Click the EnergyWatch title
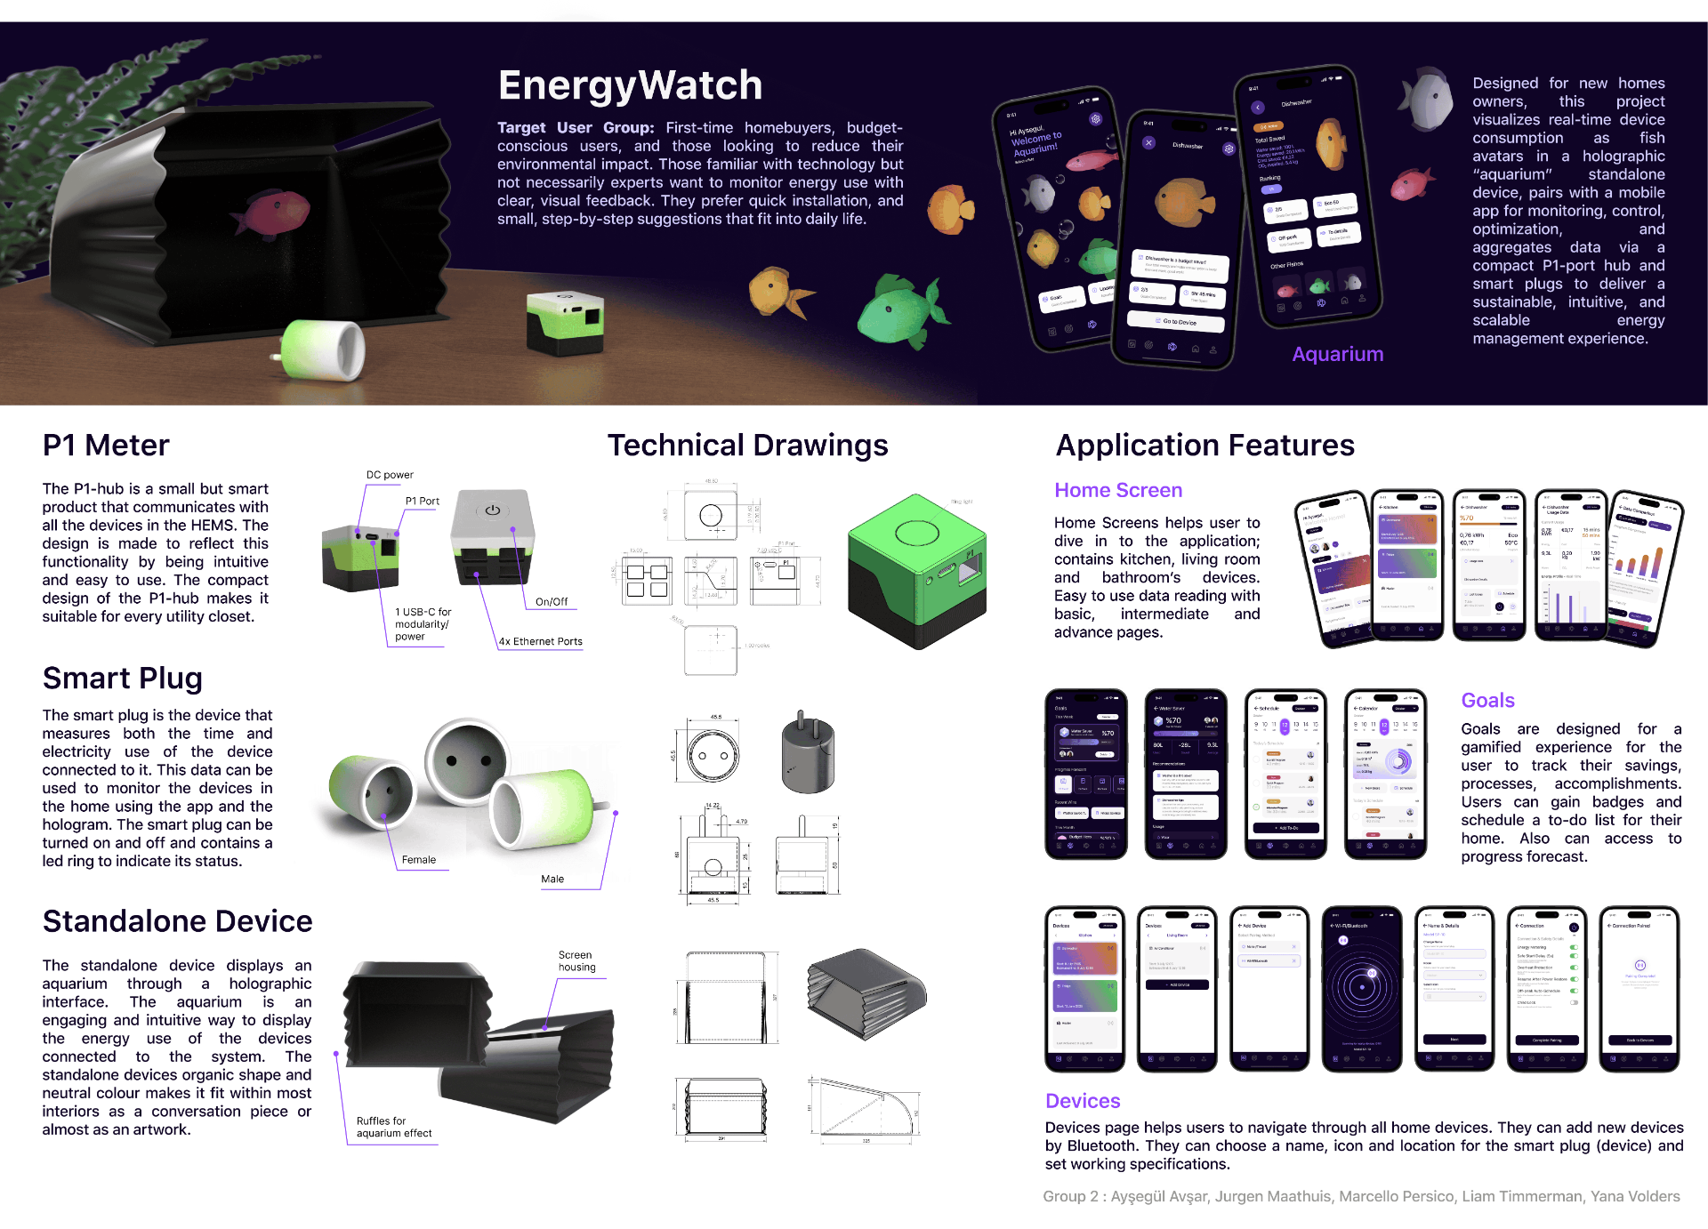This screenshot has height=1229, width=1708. tap(630, 85)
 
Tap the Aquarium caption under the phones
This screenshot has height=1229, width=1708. tap(1337, 354)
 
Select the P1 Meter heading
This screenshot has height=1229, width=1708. tap(106, 445)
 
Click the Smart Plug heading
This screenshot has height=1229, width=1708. tap(123, 678)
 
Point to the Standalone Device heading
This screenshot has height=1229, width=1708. tap(177, 921)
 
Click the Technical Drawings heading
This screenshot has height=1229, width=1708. tap(747, 445)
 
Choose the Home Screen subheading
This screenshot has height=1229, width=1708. tap(1118, 490)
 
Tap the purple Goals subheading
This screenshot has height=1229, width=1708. tap(1487, 700)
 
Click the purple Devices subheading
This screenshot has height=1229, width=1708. tap(1083, 1101)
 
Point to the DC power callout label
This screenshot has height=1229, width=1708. tap(390, 475)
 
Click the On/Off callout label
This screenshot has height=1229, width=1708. tap(552, 602)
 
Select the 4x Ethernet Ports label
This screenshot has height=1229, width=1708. tap(540, 641)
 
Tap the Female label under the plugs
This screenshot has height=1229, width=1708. tap(418, 860)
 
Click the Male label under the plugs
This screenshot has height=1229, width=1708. tap(552, 880)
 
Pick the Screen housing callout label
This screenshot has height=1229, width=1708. tap(576, 961)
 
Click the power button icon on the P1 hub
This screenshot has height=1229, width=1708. tap(493, 510)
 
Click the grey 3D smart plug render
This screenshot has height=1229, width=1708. tap(808, 754)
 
